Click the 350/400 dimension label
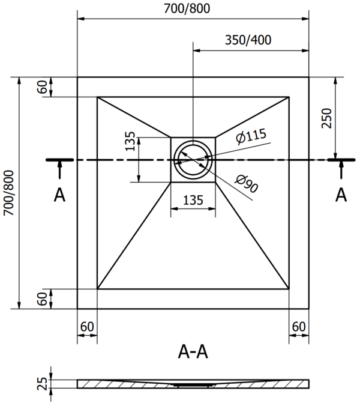248,40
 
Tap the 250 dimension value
326,118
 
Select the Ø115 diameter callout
251,136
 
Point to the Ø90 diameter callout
247,184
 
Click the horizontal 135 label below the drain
193,201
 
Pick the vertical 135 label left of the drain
130,141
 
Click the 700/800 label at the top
187,8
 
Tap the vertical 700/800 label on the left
8,193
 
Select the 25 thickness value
43,384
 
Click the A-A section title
193,351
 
